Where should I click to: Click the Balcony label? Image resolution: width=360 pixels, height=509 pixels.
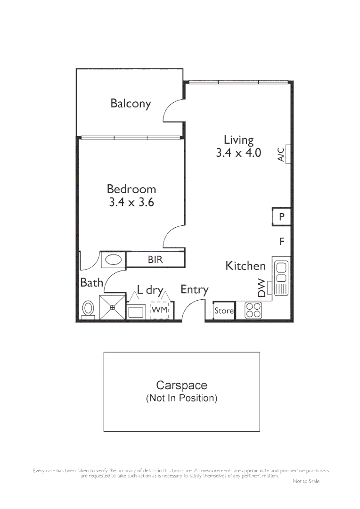[x=131, y=103]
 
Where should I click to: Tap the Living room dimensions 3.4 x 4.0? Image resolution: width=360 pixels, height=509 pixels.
[x=238, y=153]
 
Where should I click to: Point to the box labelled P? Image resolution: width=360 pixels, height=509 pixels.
[x=281, y=217]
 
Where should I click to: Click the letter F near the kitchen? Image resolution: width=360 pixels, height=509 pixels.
[x=282, y=242]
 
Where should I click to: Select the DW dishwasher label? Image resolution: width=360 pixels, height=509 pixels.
[x=262, y=287]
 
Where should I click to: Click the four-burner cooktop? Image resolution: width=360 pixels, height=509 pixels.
[x=254, y=310]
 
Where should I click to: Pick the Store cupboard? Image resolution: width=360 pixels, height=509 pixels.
[x=224, y=311]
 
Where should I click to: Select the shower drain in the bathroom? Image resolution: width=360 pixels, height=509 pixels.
[x=113, y=308]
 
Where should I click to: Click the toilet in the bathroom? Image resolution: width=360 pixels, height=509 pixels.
[x=88, y=309]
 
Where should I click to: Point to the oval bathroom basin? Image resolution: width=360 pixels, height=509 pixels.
[x=113, y=259]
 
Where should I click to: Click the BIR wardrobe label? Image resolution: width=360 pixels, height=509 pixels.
[x=155, y=260]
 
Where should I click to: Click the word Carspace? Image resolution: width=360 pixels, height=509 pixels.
[x=181, y=386]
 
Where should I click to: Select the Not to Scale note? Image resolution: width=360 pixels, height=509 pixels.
[x=306, y=481]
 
